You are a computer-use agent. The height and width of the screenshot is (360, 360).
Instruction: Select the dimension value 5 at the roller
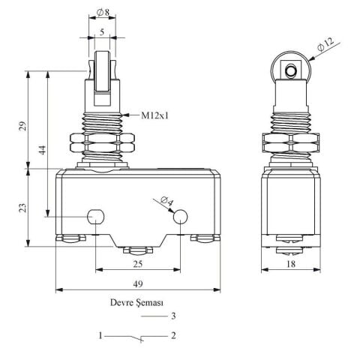click(101, 32)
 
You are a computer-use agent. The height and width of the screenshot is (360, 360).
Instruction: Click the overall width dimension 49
click(138, 284)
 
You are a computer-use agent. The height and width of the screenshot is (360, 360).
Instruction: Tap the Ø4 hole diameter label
click(166, 200)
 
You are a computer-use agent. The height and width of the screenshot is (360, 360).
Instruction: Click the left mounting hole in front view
click(95, 217)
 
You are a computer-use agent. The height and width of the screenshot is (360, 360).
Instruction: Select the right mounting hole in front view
click(181, 217)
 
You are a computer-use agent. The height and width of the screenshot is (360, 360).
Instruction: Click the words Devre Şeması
click(136, 303)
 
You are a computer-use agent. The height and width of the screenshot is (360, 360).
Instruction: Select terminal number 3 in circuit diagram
click(173, 316)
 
